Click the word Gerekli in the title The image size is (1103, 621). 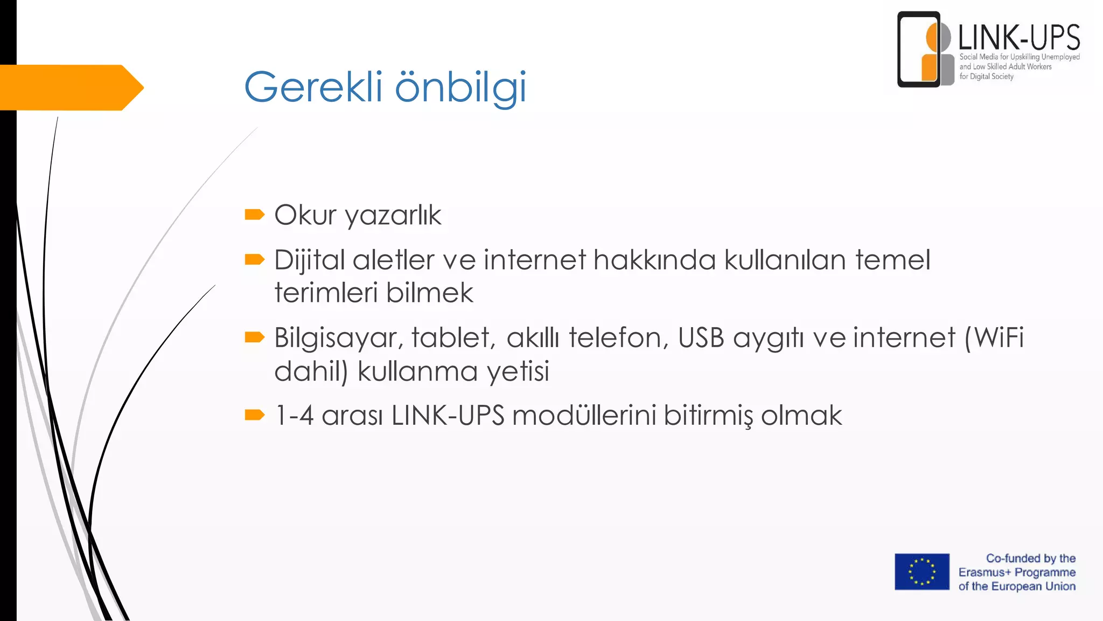pos(313,87)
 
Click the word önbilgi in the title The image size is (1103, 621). pos(460,88)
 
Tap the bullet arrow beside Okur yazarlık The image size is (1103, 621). pos(254,215)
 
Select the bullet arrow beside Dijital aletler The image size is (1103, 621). pos(254,260)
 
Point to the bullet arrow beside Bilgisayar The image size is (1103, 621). pos(254,337)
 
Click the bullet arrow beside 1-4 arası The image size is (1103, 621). pos(254,415)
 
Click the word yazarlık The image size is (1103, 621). pos(393,216)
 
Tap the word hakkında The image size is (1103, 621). pos(654,260)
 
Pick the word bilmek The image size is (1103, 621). pos(429,293)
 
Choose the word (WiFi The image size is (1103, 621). pos(994,338)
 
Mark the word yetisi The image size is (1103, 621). pos(518,371)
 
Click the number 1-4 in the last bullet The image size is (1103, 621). pos(294,416)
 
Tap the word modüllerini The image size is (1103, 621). pos(584,416)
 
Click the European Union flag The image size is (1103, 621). pos(922,571)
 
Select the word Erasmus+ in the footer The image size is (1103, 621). pos(985,572)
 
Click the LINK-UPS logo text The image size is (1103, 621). pos(1018,38)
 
